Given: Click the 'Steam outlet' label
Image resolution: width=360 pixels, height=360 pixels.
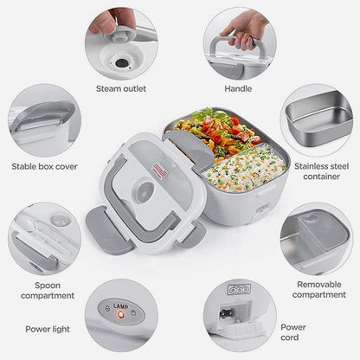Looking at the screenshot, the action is click(x=121, y=88).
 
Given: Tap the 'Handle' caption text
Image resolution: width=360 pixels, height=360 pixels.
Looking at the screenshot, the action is click(x=238, y=88).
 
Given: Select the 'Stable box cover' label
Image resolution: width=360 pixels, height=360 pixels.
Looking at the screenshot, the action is click(x=44, y=166).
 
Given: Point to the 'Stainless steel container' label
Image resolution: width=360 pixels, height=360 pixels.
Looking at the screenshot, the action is click(x=321, y=171).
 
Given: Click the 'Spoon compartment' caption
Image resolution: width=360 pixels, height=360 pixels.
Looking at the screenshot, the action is click(x=48, y=291).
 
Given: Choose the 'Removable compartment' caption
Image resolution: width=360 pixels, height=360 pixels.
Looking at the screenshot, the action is click(x=319, y=289).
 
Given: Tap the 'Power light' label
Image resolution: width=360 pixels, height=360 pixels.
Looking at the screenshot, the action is click(x=48, y=329).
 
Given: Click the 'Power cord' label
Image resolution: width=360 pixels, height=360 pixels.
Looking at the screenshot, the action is click(x=293, y=332).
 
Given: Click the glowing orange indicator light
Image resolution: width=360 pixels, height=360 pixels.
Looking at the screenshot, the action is click(x=121, y=315).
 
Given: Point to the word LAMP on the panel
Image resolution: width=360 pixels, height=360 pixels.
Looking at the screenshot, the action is click(x=121, y=306).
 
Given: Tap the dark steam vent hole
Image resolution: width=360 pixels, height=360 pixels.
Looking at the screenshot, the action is click(x=121, y=63).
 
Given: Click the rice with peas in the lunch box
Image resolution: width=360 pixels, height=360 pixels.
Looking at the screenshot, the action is click(x=245, y=169).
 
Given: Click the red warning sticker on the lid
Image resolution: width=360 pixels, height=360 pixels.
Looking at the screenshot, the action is click(x=160, y=171).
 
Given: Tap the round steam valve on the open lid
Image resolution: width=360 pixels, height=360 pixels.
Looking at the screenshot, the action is click(x=143, y=190).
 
